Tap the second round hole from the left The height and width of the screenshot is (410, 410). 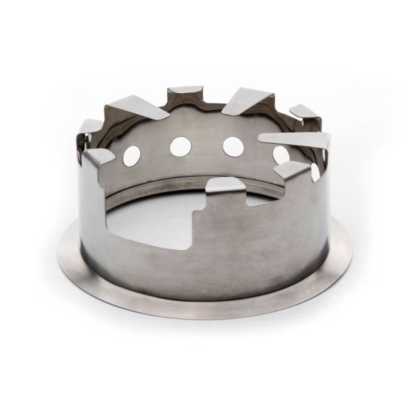tap(181, 145)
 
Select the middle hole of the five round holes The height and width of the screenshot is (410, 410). tap(233, 146)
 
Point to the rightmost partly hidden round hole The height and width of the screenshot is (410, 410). tap(314, 172)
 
